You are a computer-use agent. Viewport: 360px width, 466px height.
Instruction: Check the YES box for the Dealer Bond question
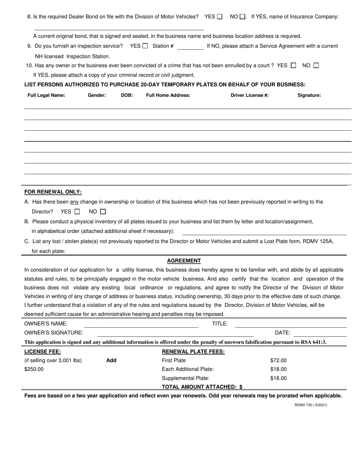coord(220,17)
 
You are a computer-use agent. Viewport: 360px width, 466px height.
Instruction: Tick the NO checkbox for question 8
coord(243,17)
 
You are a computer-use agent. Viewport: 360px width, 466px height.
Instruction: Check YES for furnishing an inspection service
coord(145,46)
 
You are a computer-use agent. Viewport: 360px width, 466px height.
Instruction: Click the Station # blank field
coord(190,47)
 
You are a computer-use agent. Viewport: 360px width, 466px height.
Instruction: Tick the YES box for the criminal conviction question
coord(293,66)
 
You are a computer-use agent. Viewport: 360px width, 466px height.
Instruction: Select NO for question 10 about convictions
coord(316,66)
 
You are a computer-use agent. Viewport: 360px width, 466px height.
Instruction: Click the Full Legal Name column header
coord(46,95)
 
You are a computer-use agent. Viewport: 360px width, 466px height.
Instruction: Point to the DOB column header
coord(127,95)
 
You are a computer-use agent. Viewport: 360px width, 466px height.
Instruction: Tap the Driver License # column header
coord(250,95)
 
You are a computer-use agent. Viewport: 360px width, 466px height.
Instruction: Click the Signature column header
coord(309,95)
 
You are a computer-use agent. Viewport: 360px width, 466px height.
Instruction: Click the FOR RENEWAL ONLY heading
coord(53,192)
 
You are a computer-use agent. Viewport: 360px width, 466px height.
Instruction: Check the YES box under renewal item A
coord(77,211)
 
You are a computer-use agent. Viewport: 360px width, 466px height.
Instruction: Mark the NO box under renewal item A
coord(103,211)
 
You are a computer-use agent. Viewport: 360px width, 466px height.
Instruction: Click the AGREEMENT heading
coord(184,261)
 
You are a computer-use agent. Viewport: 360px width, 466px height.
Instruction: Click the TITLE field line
coord(291,324)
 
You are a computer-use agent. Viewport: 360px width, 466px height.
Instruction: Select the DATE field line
coord(320,333)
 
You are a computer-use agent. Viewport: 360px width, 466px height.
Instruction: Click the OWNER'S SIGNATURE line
coord(175,333)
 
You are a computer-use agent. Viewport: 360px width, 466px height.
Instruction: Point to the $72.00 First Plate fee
coord(279,361)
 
